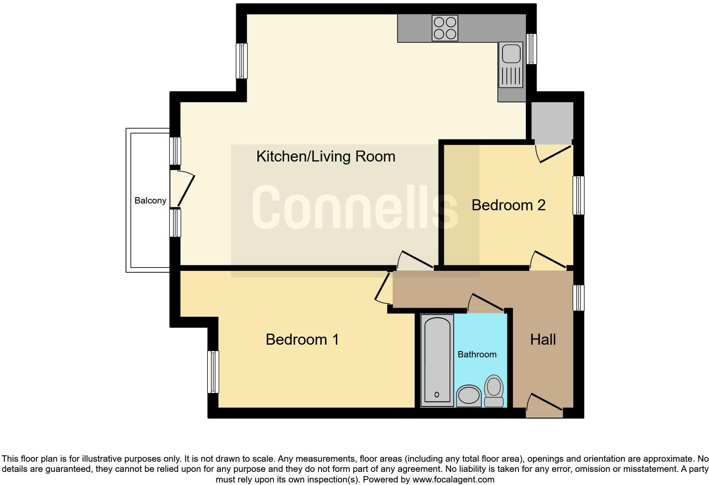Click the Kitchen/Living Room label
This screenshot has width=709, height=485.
pyautogui.click(x=326, y=156)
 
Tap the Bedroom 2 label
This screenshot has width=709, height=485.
pyautogui.click(x=508, y=205)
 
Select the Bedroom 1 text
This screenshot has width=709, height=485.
pyautogui.click(x=302, y=340)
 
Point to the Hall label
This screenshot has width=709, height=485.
pyautogui.click(x=543, y=340)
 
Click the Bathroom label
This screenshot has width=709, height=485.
pyautogui.click(x=477, y=354)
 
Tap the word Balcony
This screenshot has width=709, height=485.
pyautogui.click(x=150, y=201)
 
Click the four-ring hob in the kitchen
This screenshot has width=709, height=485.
pyautogui.click(x=445, y=28)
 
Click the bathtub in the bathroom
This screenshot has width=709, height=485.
pyautogui.click(x=437, y=360)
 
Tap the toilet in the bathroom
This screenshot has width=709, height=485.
pyautogui.click(x=494, y=390)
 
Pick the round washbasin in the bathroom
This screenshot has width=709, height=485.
pyautogui.click(x=469, y=396)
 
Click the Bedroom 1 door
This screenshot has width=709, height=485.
pyautogui.click(x=383, y=288)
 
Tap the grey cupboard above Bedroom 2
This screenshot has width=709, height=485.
pyautogui.click(x=552, y=121)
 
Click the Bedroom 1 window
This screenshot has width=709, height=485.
pyautogui.click(x=213, y=372)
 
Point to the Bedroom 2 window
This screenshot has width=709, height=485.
pyautogui.click(x=578, y=195)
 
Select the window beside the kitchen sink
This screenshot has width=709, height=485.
pyautogui.click(x=531, y=49)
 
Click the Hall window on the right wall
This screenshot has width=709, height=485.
pyautogui.click(x=578, y=298)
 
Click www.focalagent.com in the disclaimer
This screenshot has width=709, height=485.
pyautogui.click(x=453, y=479)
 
